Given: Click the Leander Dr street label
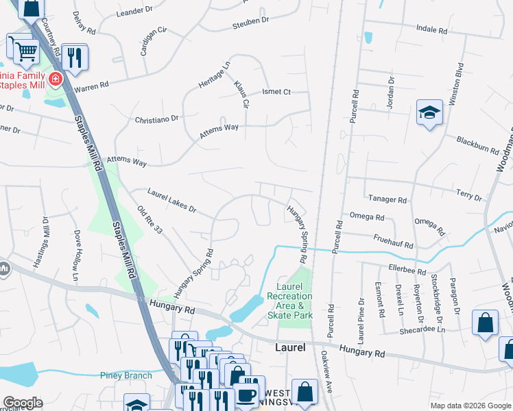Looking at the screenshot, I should (x=134, y=11).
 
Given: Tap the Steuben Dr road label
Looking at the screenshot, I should (x=251, y=21).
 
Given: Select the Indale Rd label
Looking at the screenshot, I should (x=432, y=30).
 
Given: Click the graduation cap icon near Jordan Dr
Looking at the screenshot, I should (x=429, y=112).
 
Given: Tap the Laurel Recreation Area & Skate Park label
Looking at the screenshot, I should (x=294, y=301).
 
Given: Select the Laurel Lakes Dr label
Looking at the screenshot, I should (x=172, y=201).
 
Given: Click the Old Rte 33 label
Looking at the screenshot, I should (x=149, y=220).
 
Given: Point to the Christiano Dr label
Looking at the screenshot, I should (x=156, y=118).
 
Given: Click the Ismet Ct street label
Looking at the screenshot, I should (x=277, y=92).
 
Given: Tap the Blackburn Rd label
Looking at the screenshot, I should (x=477, y=145).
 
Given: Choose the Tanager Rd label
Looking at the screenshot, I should (x=387, y=199).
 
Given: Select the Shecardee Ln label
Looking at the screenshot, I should (x=422, y=329).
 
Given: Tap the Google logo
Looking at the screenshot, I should (x=23, y=403).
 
